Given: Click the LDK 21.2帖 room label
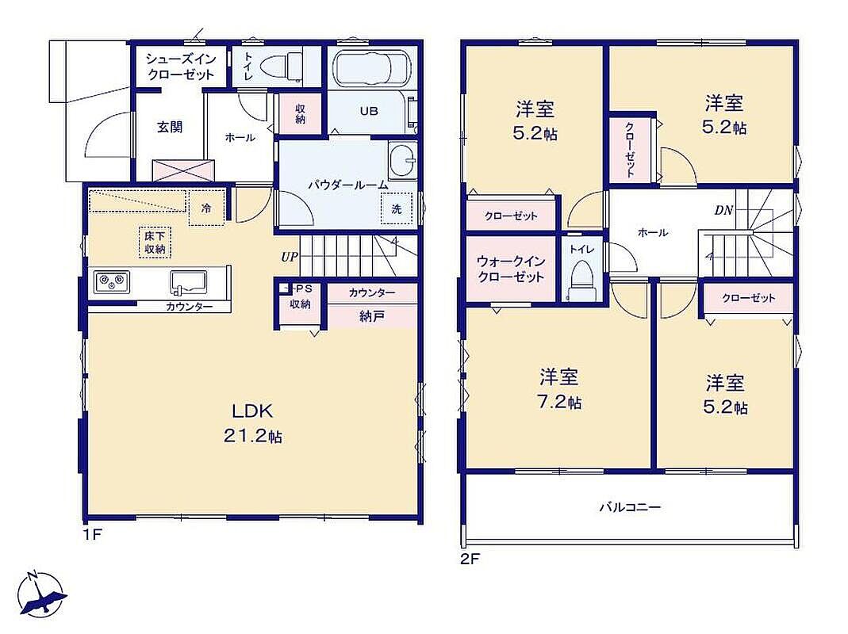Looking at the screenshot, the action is [x=253, y=423].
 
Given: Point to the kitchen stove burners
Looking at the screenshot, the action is [x=112, y=282].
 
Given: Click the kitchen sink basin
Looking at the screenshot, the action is [x=188, y=281].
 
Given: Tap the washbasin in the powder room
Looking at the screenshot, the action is [x=402, y=161].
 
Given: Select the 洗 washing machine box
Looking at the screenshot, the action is [x=397, y=208].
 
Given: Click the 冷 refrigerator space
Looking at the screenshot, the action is [x=206, y=208].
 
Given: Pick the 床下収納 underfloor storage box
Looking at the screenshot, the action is [x=155, y=243].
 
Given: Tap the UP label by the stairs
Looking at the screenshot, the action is [x=290, y=257].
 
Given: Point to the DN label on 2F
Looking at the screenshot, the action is [x=723, y=210].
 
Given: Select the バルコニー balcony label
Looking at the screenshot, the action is [x=630, y=507].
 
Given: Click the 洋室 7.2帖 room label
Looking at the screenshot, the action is [x=559, y=389].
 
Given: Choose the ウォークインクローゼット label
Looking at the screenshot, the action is [x=511, y=269].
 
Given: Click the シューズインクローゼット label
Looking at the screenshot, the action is [x=181, y=67].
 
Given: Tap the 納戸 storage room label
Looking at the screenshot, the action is [x=372, y=316].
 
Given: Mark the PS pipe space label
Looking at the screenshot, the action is [x=303, y=288].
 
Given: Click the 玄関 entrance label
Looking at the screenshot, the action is [x=170, y=127].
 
